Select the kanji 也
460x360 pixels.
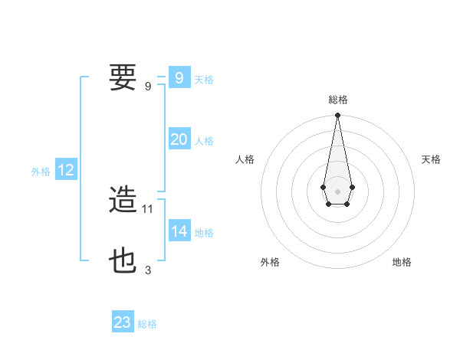pos(123,262)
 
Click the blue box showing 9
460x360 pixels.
pos(179,78)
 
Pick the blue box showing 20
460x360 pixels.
pos(179,139)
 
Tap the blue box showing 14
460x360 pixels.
pos(179,231)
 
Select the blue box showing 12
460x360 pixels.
pos(66,171)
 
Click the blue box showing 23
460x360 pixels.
pos(123,322)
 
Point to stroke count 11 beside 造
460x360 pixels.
pos(148,208)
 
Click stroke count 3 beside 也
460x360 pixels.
pos(148,270)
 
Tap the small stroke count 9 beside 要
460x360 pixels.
pos(148,86)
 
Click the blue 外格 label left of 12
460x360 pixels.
pos(41,172)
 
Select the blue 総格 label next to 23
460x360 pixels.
pos(147,324)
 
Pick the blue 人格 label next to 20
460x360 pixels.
pos(204,141)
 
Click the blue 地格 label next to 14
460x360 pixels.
pos(204,233)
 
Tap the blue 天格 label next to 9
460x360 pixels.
pos(204,80)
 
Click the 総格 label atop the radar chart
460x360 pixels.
pos(338,100)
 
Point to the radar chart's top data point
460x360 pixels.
pos(337,115)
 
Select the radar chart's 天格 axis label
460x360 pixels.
pos(432,159)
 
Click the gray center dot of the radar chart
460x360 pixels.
pos(337,190)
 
